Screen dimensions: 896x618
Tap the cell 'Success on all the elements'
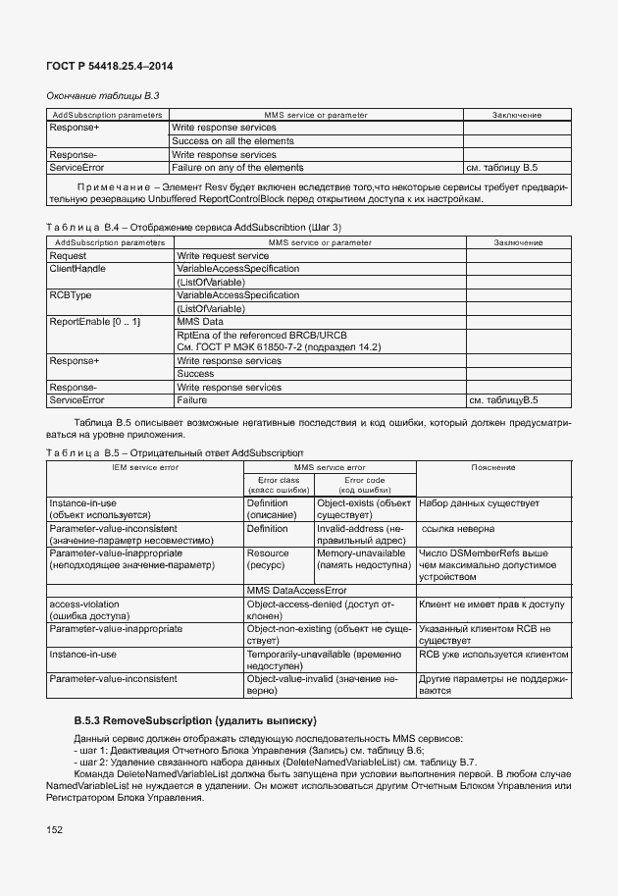[x=232, y=141]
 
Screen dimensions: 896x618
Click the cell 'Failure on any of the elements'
[x=237, y=168]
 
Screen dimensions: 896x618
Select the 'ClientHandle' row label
[x=77, y=268]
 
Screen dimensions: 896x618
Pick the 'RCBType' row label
[x=70, y=294]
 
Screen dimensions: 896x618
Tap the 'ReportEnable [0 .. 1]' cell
[x=95, y=321]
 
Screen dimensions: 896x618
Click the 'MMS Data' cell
[x=200, y=321]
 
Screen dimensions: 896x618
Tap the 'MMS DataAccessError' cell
[x=297, y=590]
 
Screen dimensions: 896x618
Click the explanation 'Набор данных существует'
[x=479, y=502]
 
